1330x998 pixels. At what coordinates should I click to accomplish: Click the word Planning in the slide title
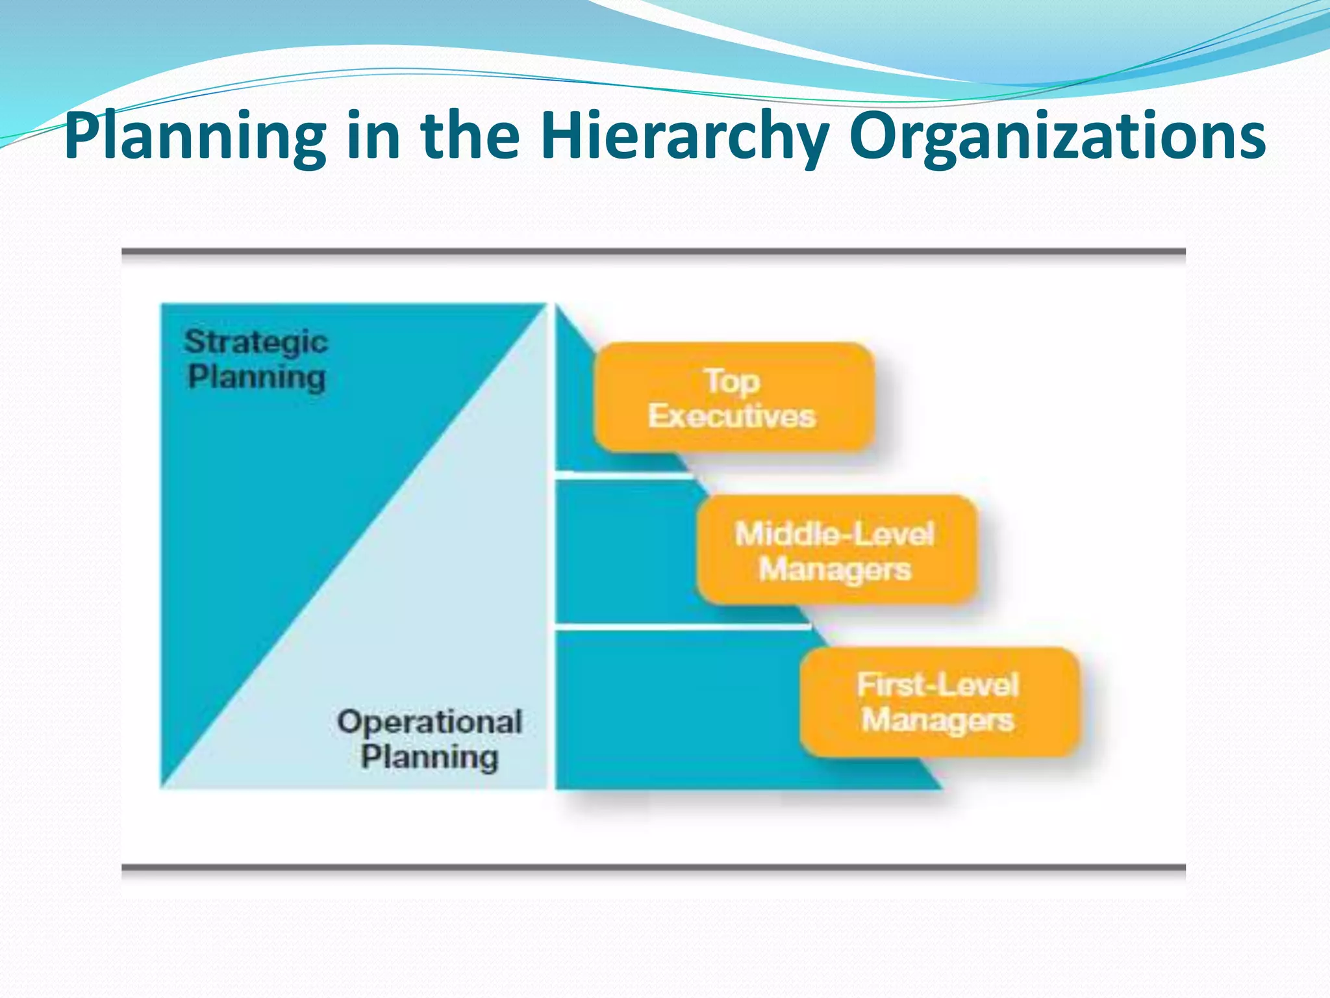[x=195, y=136]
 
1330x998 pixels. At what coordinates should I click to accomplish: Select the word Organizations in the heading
[x=1057, y=136]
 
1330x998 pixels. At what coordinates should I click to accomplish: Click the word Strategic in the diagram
[x=256, y=342]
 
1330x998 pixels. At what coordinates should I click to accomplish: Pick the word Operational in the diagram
[x=429, y=722]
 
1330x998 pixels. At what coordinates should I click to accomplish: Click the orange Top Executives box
[x=733, y=398]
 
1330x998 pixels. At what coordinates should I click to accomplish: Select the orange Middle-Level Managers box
[x=836, y=550]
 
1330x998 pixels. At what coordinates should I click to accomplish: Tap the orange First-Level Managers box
[x=939, y=702]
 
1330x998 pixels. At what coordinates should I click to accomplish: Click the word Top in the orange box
[x=732, y=381]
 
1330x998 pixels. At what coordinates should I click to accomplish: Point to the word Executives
[x=732, y=416]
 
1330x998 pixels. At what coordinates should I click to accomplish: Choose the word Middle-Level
[x=834, y=534]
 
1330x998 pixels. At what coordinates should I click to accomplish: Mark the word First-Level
[x=938, y=685]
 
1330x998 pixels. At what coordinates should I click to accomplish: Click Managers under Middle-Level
[x=835, y=569]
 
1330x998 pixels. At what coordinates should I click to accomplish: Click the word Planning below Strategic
[x=257, y=377]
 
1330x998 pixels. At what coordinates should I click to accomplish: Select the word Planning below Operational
[x=430, y=757]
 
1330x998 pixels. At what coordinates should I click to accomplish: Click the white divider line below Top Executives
[x=623, y=476]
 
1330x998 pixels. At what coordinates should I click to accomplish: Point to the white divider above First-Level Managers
[x=682, y=626]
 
